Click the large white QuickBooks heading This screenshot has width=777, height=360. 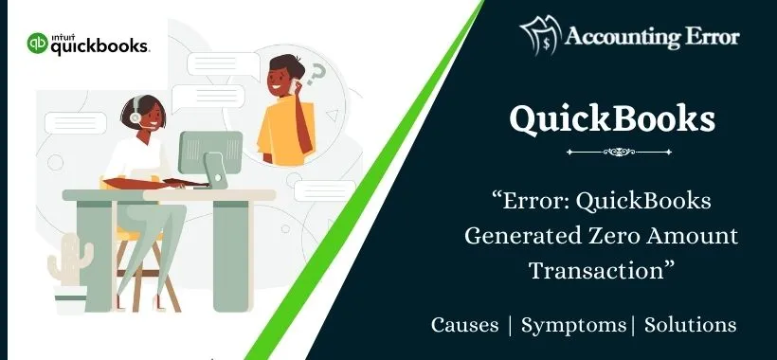click(611, 119)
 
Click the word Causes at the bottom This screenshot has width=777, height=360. click(464, 325)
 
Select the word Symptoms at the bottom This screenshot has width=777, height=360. click(573, 325)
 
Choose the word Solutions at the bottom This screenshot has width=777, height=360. click(690, 325)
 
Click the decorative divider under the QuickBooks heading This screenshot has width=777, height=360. click(611, 151)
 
